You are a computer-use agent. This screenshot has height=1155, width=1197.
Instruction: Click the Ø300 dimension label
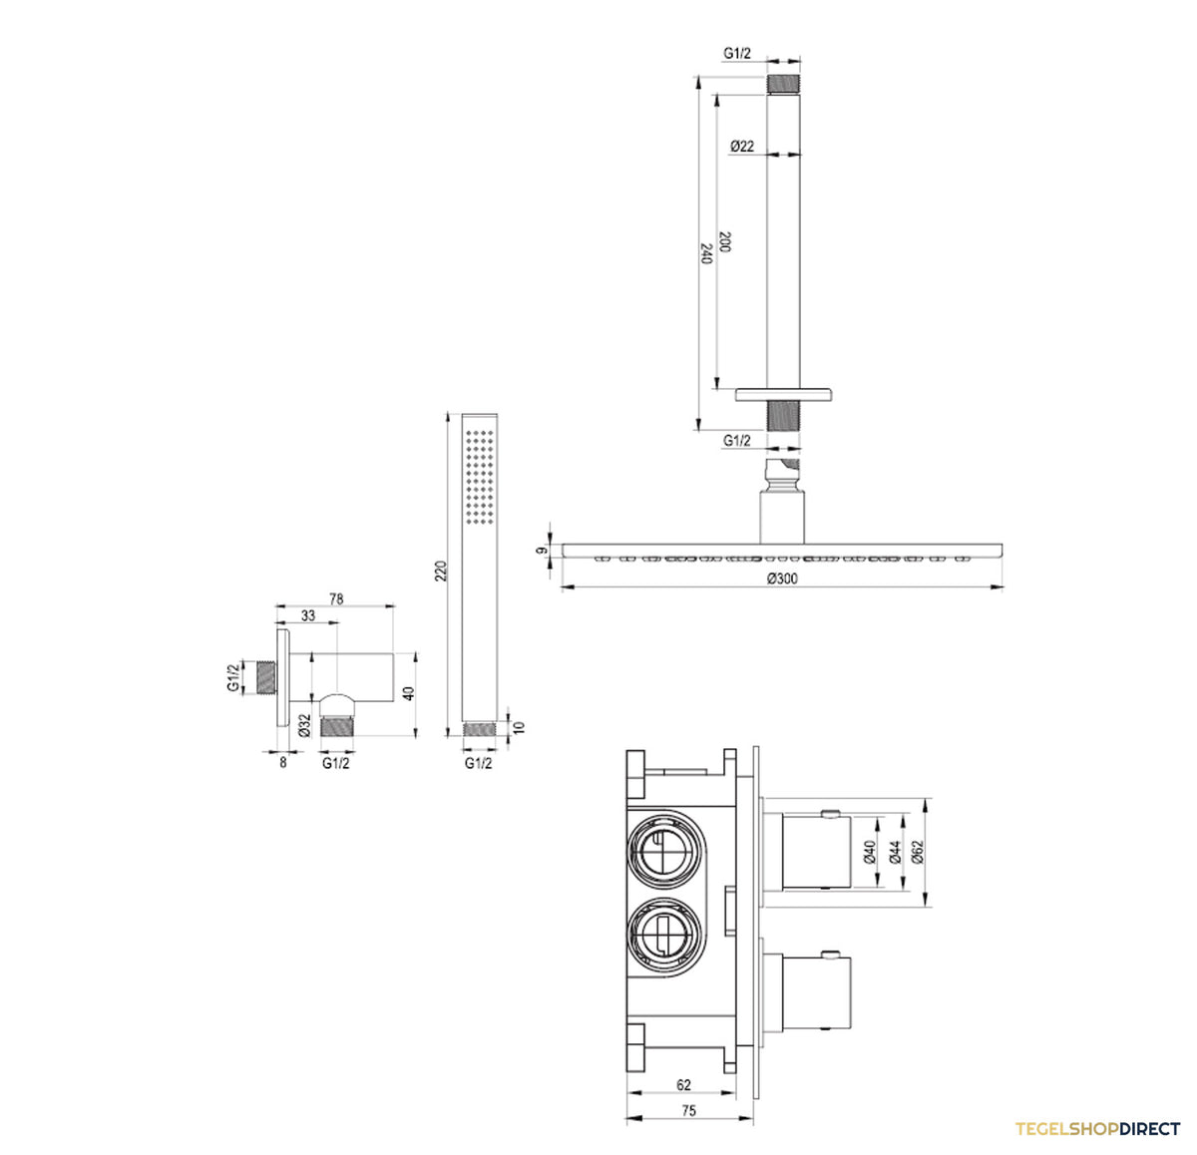[782, 578]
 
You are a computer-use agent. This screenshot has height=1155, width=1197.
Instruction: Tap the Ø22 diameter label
[742, 146]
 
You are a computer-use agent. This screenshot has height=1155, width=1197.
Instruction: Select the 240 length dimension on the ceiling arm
[706, 253]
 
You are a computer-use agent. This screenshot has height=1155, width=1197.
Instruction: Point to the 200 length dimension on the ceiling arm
[724, 241]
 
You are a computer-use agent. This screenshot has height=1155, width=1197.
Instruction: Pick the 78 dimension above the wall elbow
[336, 598]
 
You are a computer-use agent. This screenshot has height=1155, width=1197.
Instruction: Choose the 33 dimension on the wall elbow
[307, 615]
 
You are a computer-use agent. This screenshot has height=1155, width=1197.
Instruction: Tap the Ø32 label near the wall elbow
[304, 726]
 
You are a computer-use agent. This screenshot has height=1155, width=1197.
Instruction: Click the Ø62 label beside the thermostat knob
[918, 852]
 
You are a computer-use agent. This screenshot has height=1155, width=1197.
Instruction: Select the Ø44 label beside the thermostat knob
[896, 852]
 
